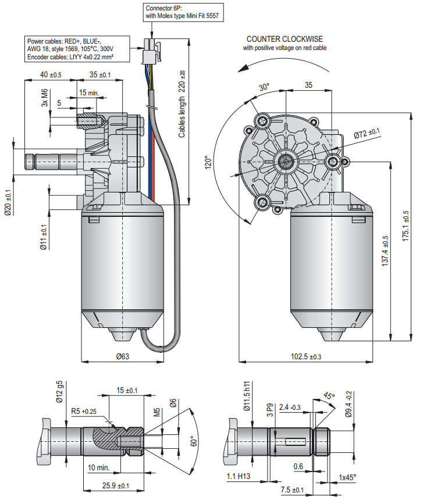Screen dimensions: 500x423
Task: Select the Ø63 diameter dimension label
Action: click(122, 356)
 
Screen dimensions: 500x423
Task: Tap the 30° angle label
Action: click(264, 88)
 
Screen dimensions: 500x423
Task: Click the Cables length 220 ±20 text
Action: click(182, 105)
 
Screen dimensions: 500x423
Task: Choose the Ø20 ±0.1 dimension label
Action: click(8, 203)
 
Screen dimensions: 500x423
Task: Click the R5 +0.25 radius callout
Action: click(84, 411)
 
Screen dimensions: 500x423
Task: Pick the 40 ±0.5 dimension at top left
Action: click(51, 75)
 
